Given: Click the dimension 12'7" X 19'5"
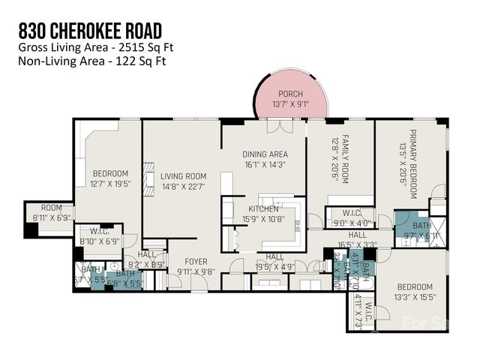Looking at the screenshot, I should pos(109,183).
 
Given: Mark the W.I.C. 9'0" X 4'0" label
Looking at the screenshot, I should pos(351,217).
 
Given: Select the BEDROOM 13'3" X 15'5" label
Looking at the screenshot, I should pos(414,292).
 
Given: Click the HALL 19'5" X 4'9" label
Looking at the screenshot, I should pos(274,260).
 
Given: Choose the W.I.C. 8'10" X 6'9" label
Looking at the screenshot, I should pos(99,237).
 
